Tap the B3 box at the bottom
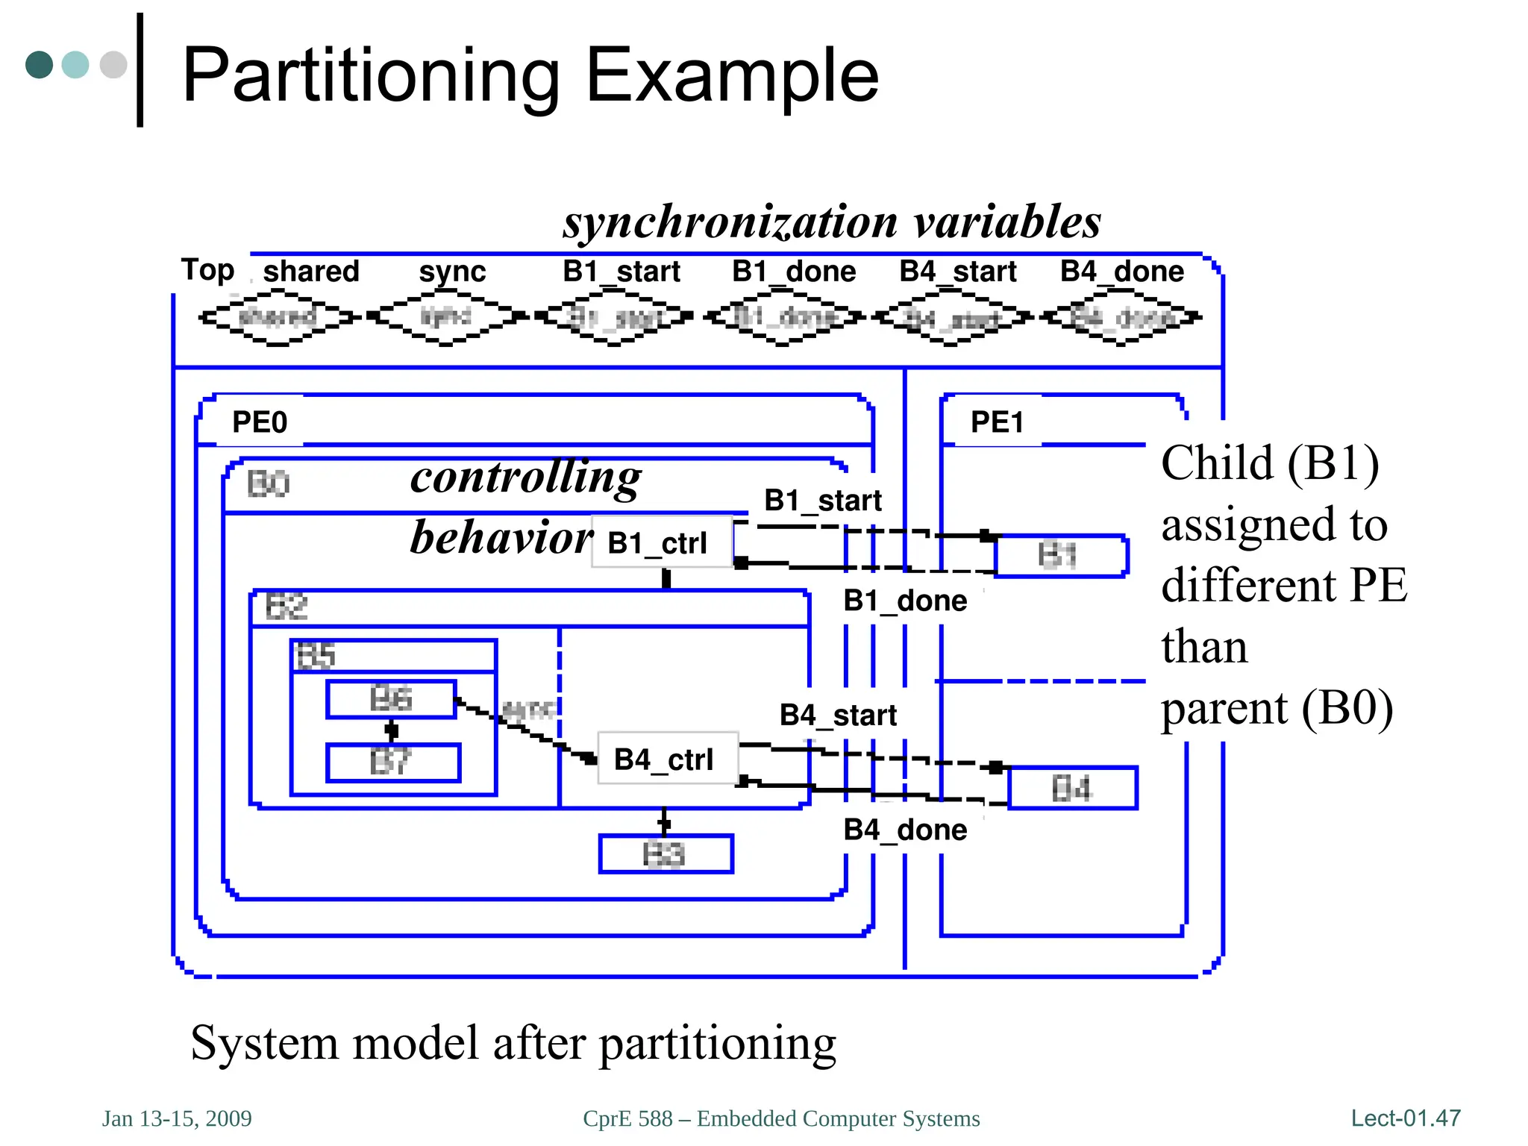tap(666, 854)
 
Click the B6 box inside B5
tap(391, 699)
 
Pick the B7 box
tap(393, 763)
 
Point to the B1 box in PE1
tap(1060, 556)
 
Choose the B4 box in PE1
tap(1072, 788)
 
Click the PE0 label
tap(260, 422)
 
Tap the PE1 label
tap(997, 422)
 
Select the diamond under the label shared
tap(278, 318)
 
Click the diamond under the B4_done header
tap(1121, 318)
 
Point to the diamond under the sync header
tap(445, 318)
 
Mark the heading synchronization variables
tap(832, 222)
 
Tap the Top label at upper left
tap(207, 270)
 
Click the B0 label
tap(268, 483)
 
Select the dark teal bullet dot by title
tap(39, 65)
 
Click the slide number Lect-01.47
tap(1405, 1118)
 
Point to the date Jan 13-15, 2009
tap(177, 1118)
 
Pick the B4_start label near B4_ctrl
tap(838, 715)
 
